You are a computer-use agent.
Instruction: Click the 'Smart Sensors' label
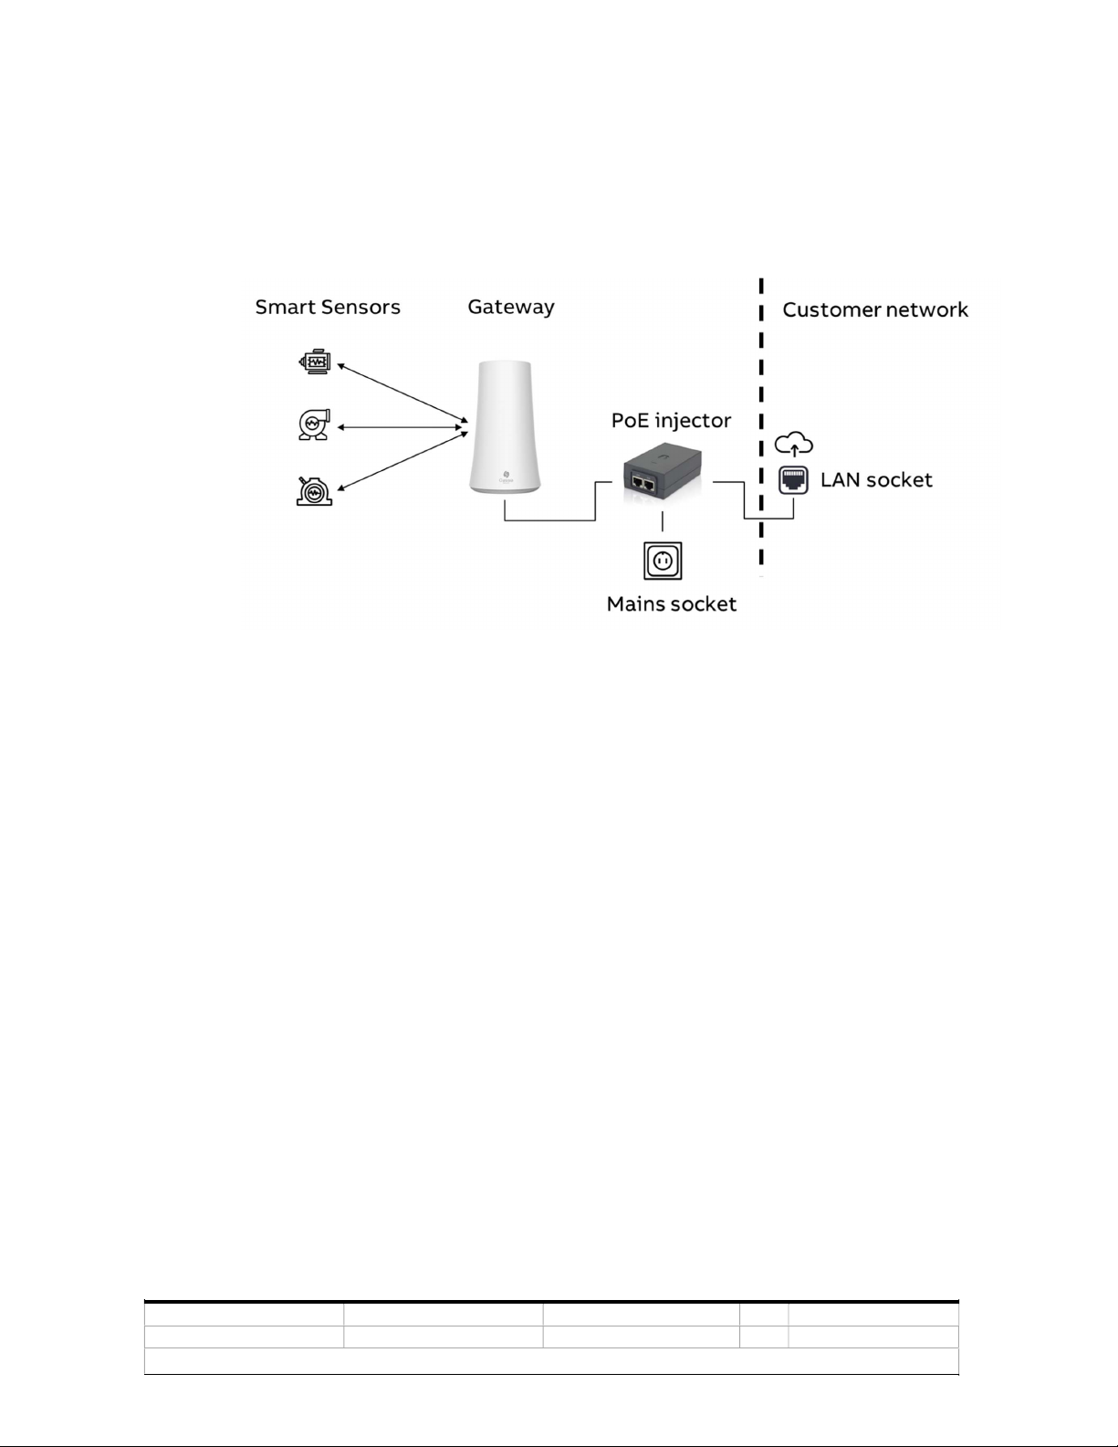328,308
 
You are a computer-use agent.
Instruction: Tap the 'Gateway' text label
511,308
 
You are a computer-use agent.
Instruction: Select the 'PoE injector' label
671,421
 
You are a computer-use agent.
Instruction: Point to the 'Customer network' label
875,310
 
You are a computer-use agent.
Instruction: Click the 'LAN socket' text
876,480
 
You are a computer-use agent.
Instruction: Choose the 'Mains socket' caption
672,604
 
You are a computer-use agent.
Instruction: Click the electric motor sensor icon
315,362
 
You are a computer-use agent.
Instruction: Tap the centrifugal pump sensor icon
314,425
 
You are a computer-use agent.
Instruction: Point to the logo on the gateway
507,475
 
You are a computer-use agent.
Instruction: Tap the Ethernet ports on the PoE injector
644,484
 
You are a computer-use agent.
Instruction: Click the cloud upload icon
793,445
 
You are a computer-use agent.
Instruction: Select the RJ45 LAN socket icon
793,480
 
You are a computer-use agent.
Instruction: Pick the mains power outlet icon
663,560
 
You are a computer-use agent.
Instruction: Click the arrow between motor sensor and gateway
402,393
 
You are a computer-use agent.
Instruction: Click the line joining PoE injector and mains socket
663,521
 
